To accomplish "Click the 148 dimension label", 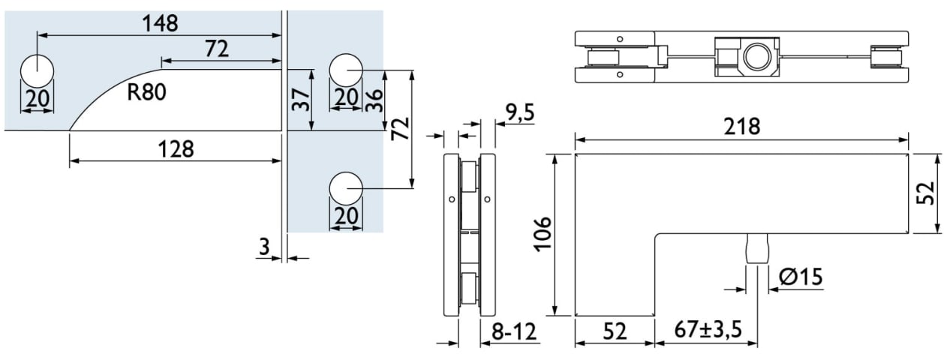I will point(161,23).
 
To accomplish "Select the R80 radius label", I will point(146,93).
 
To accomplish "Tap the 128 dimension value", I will point(176,148).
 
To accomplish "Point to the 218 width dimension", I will point(742,127).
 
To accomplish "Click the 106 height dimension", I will point(543,234).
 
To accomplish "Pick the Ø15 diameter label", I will point(801,277).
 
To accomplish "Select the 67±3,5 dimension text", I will point(707,330).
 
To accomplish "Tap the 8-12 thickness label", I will point(515,331).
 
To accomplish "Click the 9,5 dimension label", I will point(519,113).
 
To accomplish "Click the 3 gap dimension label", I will point(264,246).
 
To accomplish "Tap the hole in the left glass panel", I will point(37,72).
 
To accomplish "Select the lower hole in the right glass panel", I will point(346,188).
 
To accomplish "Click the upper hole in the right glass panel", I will point(346,70).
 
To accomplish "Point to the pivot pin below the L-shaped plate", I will point(757,248).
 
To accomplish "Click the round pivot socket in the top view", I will point(756,56).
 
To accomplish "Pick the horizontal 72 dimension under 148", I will point(217,49).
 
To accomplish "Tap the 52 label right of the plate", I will point(925,193).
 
